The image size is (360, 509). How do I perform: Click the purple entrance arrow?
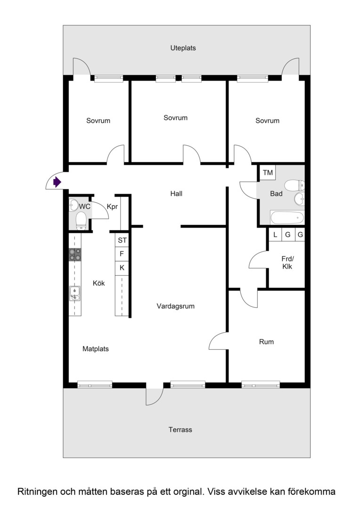coord(57,182)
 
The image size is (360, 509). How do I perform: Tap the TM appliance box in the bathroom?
coord(268,172)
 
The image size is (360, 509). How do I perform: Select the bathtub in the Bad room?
coord(287,217)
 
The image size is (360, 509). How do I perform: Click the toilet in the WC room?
coord(81,221)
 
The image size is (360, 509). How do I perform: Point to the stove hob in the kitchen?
coord(75,254)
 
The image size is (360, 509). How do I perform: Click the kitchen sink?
coord(75,294)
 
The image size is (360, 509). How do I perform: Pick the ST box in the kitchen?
coord(122,240)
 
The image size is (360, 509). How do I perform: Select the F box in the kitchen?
coord(122,254)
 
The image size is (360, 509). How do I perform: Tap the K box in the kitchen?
coord(122,268)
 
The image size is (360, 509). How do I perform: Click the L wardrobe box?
coord(275,235)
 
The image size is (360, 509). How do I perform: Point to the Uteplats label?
coord(183,48)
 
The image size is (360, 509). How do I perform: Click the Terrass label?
coord(180,430)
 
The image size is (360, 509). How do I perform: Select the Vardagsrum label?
coord(176,306)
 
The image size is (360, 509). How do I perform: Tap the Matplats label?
coord(96,349)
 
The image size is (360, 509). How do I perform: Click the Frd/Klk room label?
coord(287,263)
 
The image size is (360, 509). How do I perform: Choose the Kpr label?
coord(112,207)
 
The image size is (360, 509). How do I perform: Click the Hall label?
coord(176,194)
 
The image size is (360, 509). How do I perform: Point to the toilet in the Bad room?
coord(295,186)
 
